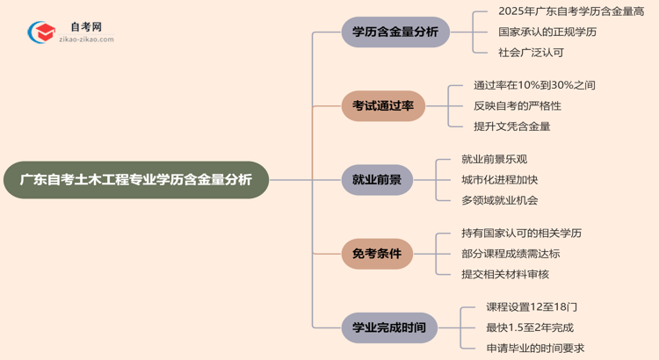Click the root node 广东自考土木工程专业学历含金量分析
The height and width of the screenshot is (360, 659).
tap(135, 180)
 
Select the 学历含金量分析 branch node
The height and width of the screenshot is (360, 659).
tap(395, 32)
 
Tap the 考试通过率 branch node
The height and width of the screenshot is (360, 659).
tap(383, 106)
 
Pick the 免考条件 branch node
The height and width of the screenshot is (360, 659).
tap(377, 255)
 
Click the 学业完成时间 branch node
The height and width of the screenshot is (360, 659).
tap(389, 328)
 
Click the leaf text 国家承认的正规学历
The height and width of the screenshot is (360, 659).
tap(535, 32)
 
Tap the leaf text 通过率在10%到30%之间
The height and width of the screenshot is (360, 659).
tap(534, 85)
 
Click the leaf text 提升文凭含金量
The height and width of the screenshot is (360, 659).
tap(511, 126)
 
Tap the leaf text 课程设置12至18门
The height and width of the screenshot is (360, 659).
tap(531, 307)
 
